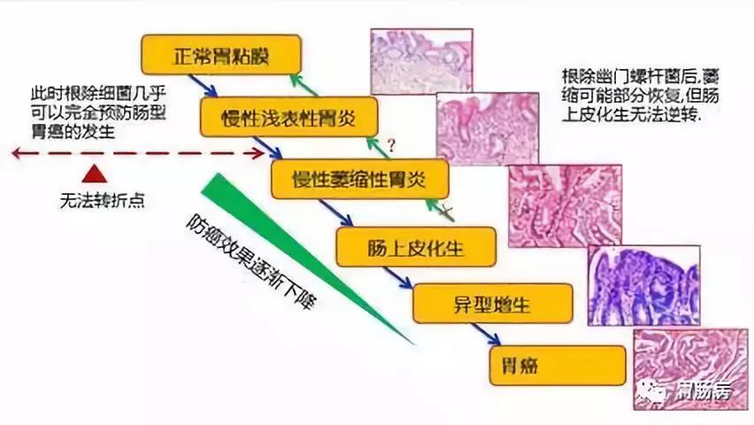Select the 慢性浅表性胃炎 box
278,116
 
